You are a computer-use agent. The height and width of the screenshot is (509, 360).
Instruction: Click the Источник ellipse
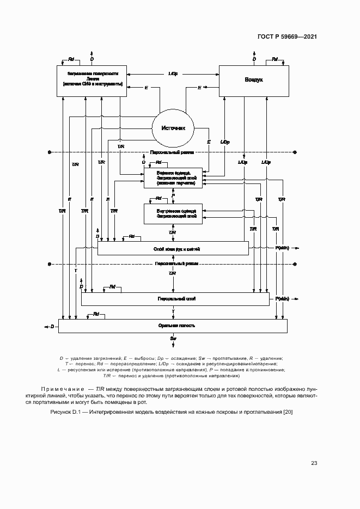(173, 128)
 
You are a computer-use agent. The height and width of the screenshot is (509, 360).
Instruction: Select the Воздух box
(253, 80)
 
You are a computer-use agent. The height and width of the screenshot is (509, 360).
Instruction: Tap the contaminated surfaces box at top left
(91, 80)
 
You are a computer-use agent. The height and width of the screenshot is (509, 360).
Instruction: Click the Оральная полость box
(173, 326)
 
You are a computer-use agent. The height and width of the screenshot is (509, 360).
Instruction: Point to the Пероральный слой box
(175, 299)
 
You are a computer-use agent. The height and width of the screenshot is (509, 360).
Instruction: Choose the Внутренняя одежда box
(173, 213)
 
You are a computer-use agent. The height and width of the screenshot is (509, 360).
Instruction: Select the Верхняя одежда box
(173, 177)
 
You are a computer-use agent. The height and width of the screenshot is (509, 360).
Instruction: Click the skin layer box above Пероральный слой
(173, 248)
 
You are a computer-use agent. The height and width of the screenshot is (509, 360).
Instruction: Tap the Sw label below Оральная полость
(173, 339)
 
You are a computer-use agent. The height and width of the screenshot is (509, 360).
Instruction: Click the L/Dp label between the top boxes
(173, 73)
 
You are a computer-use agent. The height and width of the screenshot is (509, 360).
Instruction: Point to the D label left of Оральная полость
(52, 327)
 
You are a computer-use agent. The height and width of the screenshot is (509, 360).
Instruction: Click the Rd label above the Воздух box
(274, 59)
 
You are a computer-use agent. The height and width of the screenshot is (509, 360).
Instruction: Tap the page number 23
(314, 463)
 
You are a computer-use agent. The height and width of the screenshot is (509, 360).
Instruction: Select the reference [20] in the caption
(288, 412)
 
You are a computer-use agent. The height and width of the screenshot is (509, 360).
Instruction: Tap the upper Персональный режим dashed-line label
(173, 153)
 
